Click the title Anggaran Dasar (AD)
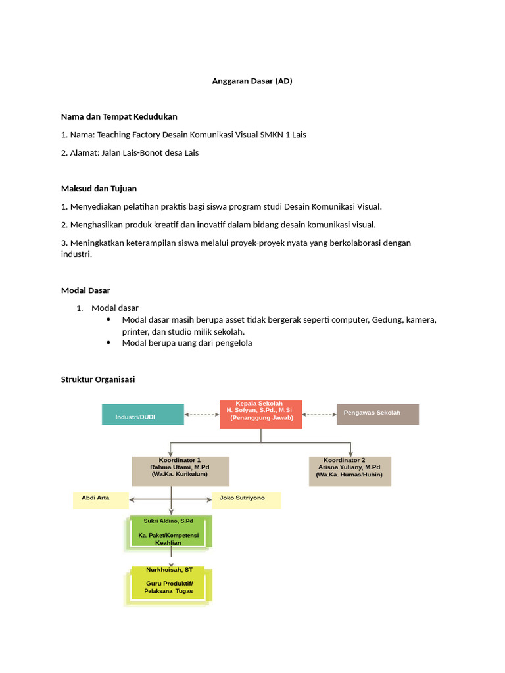[252, 81]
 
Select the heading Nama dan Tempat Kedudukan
[119, 116]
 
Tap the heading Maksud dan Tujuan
[99, 188]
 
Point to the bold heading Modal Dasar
[85, 290]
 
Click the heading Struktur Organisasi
[98, 379]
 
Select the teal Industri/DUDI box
[143, 415]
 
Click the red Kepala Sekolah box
[260, 413]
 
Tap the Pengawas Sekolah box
[377, 414]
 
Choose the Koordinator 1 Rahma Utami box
[180, 471]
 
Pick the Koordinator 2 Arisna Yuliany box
[350, 471]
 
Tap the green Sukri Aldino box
[171, 531]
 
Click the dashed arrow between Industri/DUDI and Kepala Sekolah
[201, 415]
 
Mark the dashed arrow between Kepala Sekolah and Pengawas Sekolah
[319, 415]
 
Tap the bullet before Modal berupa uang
[108, 343]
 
